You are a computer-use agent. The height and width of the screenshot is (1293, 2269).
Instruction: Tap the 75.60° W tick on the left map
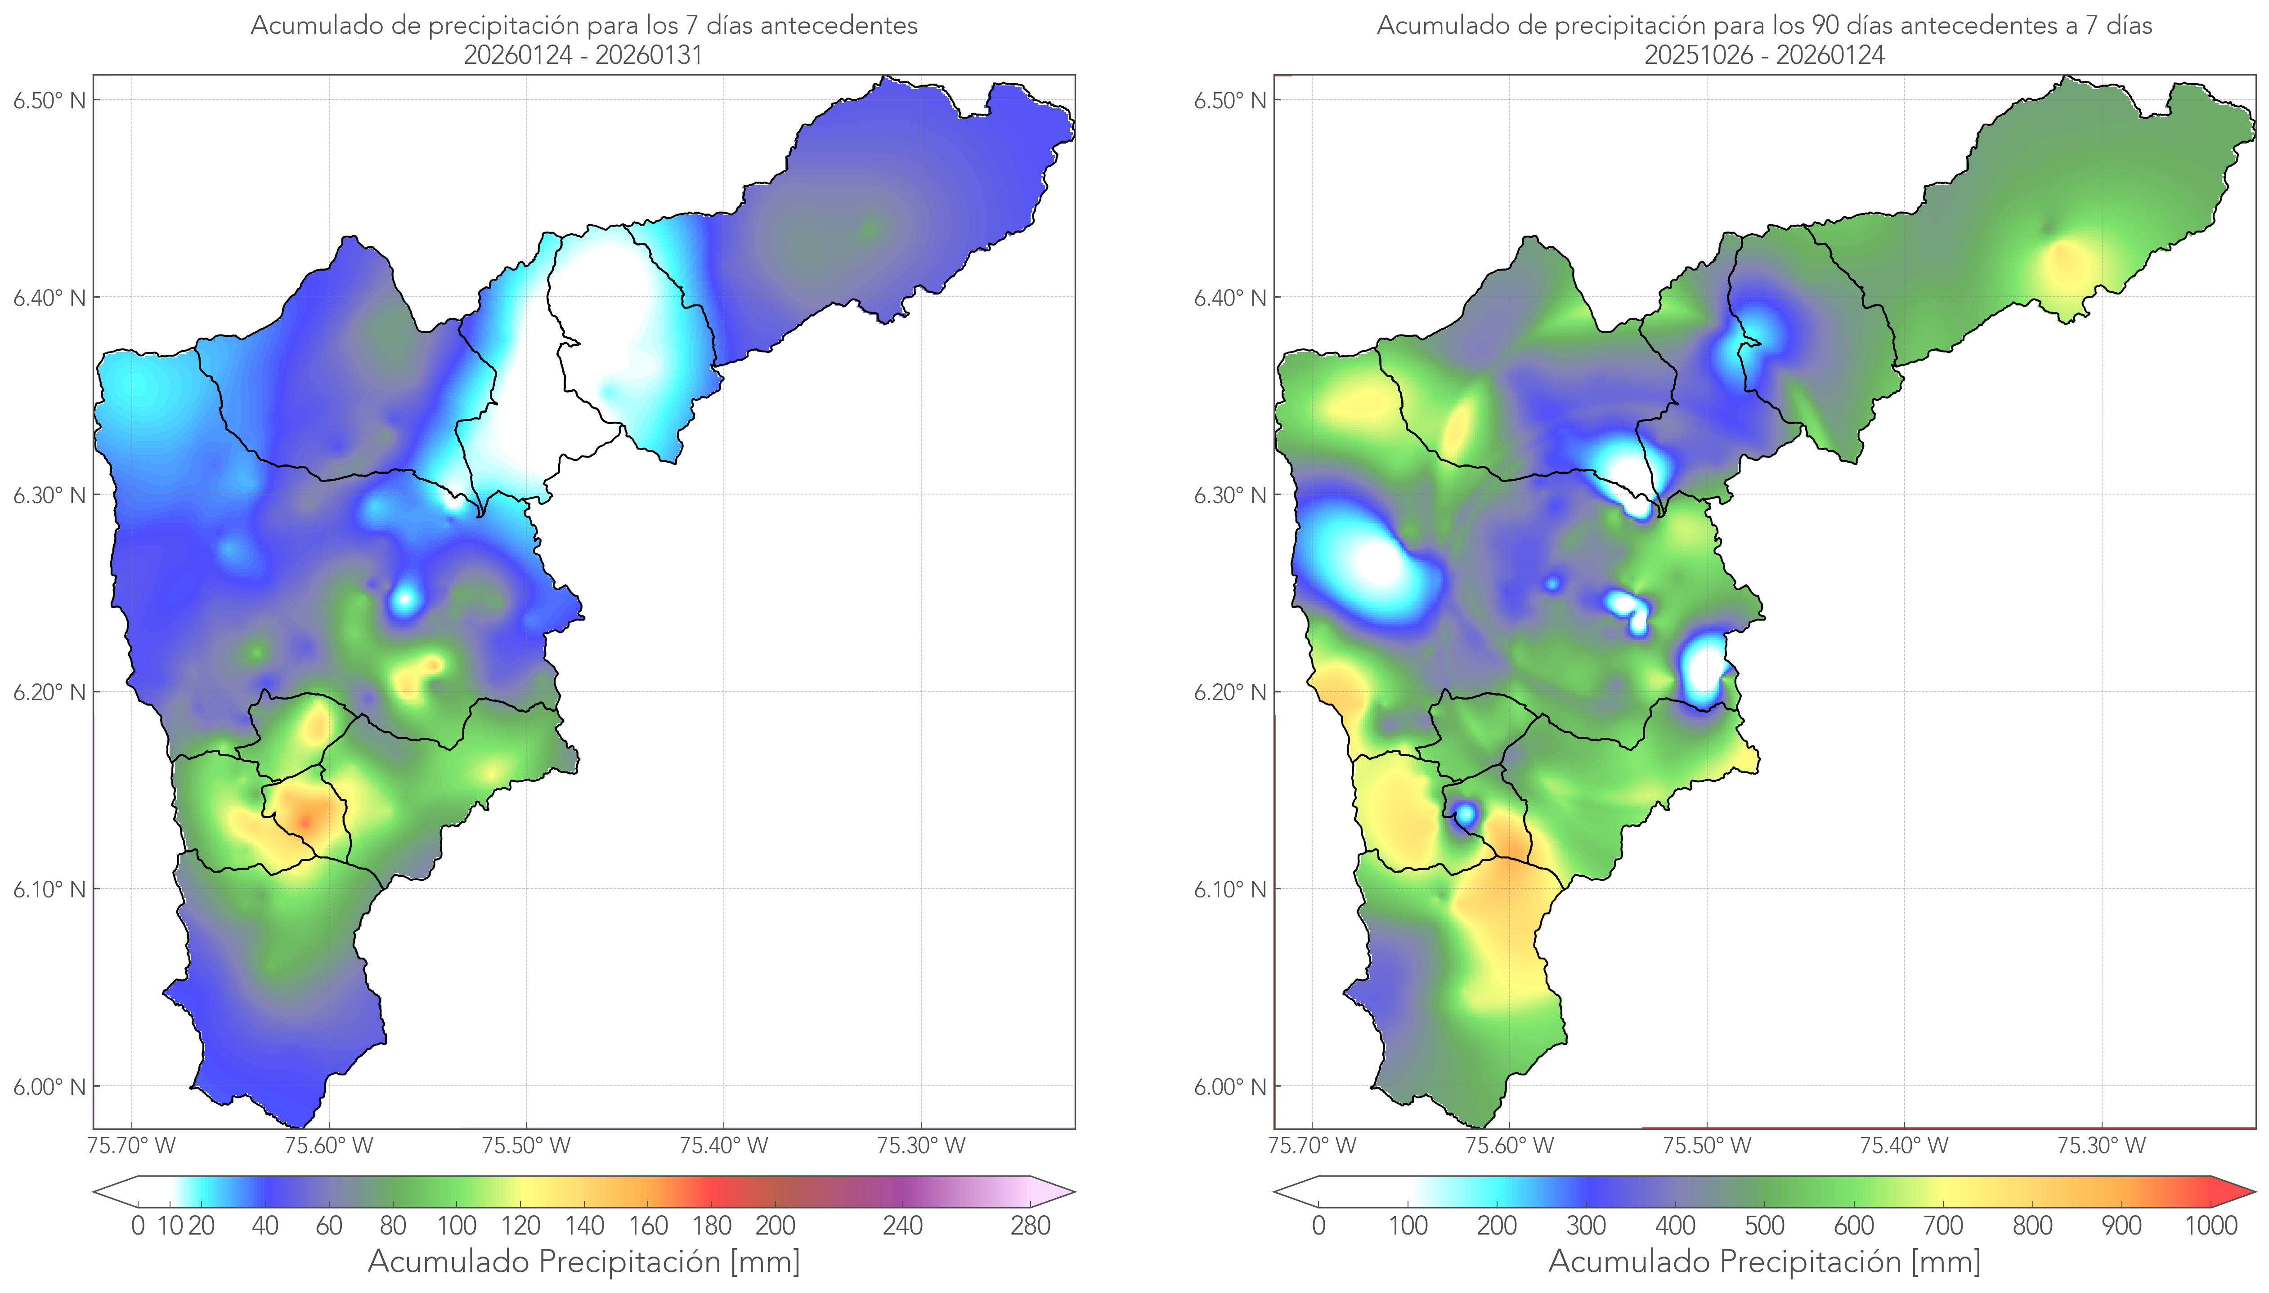329,1146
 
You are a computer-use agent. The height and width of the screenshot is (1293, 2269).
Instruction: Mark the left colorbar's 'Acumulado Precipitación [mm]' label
584,1261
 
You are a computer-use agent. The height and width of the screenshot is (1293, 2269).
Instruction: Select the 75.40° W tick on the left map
723,1146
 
